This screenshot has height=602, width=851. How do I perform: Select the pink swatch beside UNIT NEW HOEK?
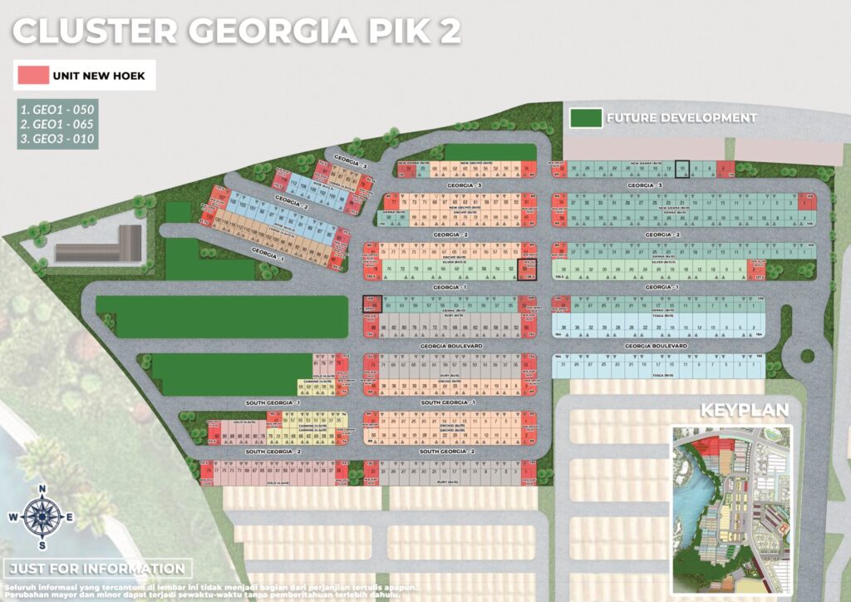click(31, 75)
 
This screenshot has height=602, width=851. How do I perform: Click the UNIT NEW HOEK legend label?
click(98, 76)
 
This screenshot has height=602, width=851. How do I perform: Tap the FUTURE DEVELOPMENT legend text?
click(681, 117)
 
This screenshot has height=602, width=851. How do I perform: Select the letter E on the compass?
click(69, 517)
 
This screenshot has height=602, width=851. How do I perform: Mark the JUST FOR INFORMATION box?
click(97, 569)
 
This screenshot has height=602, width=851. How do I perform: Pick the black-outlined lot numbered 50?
click(527, 269)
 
